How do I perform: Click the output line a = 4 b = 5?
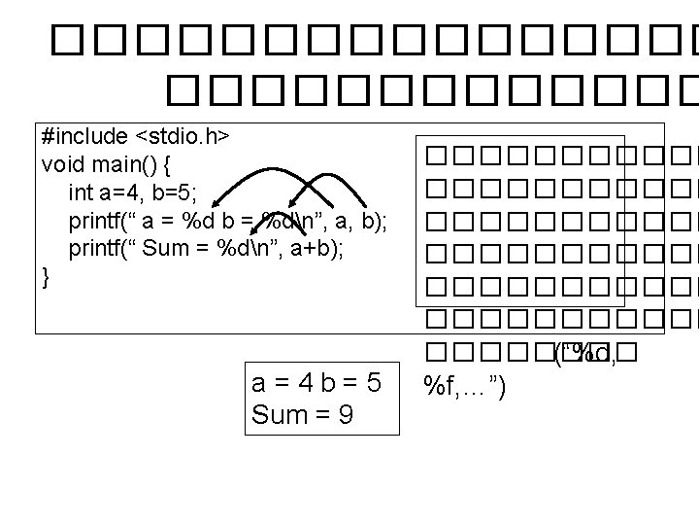click(x=316, y=384)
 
